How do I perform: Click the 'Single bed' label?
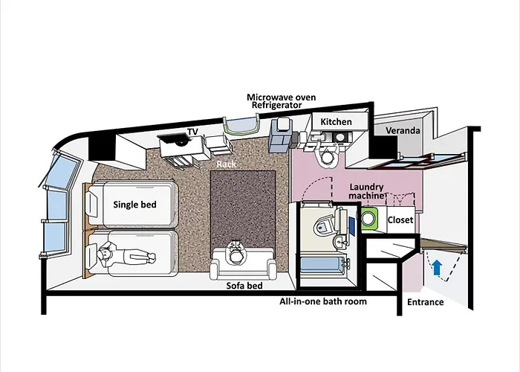pyautogui.click(x=134, y=203)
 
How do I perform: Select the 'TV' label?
pyautogui.click(x=192, y=132)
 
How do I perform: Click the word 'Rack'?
pyautogui.click(x=227, y=163)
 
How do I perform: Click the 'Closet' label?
pyautogui.click(x=400, y=220)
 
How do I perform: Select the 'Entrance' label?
pyautogui.click(x=426, y=302)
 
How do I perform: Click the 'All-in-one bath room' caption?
pyautogui.click(x=323, y=302)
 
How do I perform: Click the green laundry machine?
pyautogui.click(x=369, y=219)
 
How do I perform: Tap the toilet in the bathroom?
pyautogui.click(x=325, y=225)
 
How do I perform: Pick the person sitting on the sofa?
pyautogui.click(x=237, y=254)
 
